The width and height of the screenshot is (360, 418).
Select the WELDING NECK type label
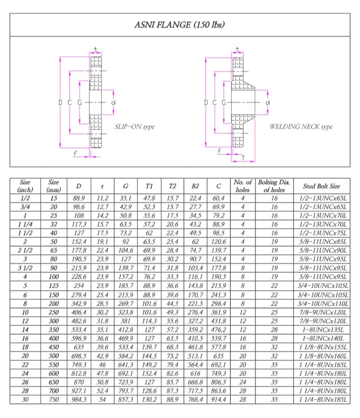pos(301,127)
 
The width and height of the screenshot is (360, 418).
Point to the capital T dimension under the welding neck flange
pos(243,158)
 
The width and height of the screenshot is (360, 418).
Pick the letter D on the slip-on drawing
pos(60,103)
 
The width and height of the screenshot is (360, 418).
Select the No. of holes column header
pos(242,186)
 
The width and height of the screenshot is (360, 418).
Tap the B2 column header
pos(195,186)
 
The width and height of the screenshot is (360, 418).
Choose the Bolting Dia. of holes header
pos(274,186)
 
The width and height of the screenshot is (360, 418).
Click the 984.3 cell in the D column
pos(79,400)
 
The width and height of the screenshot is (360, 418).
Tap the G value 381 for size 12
pos(126,321)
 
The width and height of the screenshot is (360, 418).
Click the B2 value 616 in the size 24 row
pos(195,374)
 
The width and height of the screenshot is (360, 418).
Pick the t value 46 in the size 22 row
pos(102,365)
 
